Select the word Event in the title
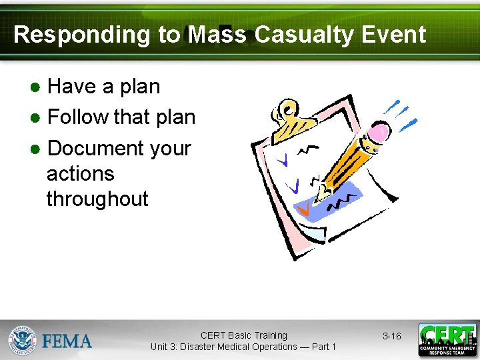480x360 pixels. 394,35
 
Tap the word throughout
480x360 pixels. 97,199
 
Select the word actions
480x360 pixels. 80,173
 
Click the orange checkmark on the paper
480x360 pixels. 303,211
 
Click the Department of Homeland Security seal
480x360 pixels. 22,340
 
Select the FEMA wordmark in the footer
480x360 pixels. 67,341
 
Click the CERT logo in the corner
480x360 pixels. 447,340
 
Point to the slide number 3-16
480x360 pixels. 391,337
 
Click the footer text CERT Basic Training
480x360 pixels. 243,335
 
